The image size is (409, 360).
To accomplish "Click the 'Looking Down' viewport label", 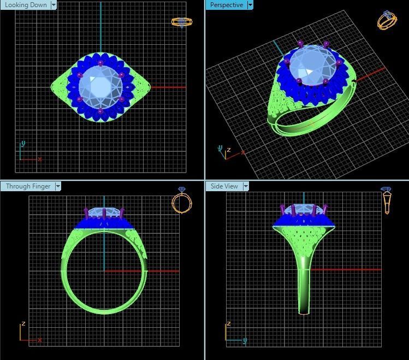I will pos(26,5).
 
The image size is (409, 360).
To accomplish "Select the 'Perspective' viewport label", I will pos(226,5).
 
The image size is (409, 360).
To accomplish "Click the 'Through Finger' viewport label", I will pos(27,186).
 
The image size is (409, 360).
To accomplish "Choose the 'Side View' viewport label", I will pos(224,186).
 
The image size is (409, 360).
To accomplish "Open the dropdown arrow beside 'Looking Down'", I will pos(54,5).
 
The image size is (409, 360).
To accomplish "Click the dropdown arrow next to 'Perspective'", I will pos(250,5).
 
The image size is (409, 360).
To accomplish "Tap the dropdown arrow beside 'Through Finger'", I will pos(58,186).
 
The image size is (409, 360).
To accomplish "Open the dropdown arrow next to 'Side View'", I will pos(246,186).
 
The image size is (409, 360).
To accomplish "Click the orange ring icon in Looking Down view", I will pos(182,22).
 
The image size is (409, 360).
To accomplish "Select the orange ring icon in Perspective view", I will pos(387,20).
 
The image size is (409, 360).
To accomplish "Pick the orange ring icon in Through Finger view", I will pos(182,200).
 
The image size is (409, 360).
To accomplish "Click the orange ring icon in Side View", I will pos(387,200).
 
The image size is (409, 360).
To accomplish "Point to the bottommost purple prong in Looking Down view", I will pos(100,111).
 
